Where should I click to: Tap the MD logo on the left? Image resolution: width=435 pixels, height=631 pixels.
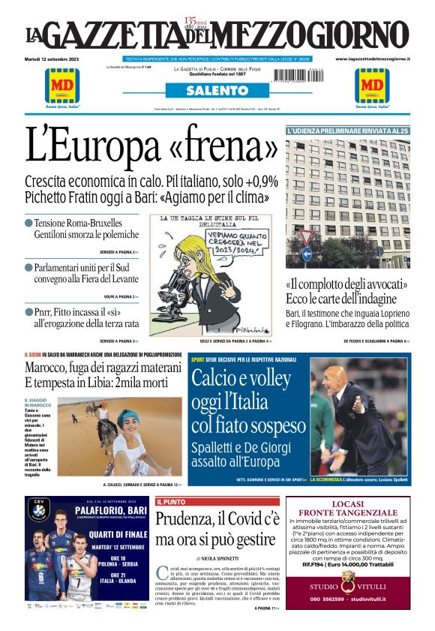(x=62, y=85)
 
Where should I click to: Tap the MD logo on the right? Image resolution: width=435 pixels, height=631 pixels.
(x=371, y=85)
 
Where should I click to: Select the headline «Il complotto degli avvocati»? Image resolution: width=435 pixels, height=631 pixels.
(x=346, y=285)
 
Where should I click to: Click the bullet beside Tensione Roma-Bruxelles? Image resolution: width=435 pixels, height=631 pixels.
(x=28, y=223)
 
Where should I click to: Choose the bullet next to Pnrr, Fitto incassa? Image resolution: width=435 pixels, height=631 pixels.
(x=28, y=311)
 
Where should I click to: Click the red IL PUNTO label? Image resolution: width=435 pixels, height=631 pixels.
(x=170, y=501)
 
